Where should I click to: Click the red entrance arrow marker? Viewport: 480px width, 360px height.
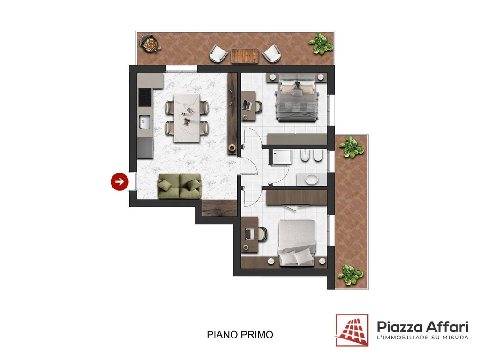click(120, 181)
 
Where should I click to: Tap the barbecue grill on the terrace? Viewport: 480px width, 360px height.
click(150, 44)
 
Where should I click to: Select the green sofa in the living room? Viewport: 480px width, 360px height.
click(180, 186)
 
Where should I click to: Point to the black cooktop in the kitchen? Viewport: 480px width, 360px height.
click(145, 97)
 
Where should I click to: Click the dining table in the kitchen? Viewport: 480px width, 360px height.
click(187, 118)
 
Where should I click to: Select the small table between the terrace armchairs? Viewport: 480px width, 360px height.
click(244, 56)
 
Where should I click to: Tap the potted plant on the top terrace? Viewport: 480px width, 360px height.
click(321, 44)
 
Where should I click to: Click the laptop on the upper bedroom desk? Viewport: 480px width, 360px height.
click(247, 105)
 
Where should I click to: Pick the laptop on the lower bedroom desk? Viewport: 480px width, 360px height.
click(249, 234)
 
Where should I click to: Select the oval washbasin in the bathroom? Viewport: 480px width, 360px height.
click(312, 179)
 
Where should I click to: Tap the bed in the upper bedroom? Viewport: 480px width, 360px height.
click(296, 98)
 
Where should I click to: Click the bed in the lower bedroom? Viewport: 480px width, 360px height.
click(297, 242)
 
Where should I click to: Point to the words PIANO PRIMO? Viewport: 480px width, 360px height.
click(240, 335)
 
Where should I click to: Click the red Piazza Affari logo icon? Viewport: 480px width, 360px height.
click(352, 330)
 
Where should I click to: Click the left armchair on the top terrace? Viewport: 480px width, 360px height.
click(218, 53)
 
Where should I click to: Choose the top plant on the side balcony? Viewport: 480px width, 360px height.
click(351, 147)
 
